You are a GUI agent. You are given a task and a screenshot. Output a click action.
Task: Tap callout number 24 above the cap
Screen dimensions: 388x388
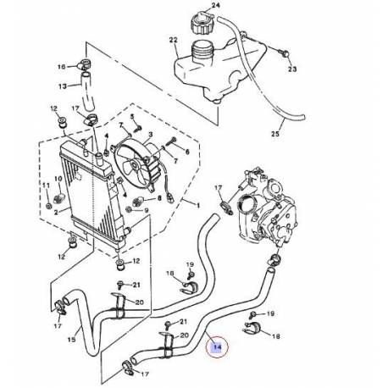pyautogui.click(x=215, y=7)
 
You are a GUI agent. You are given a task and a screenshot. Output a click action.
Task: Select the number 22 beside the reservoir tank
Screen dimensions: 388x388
pyautogui.click(x=173, y=41)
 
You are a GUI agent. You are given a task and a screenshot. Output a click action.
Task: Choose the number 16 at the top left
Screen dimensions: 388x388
pyautogui.click(x=61, y=66)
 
